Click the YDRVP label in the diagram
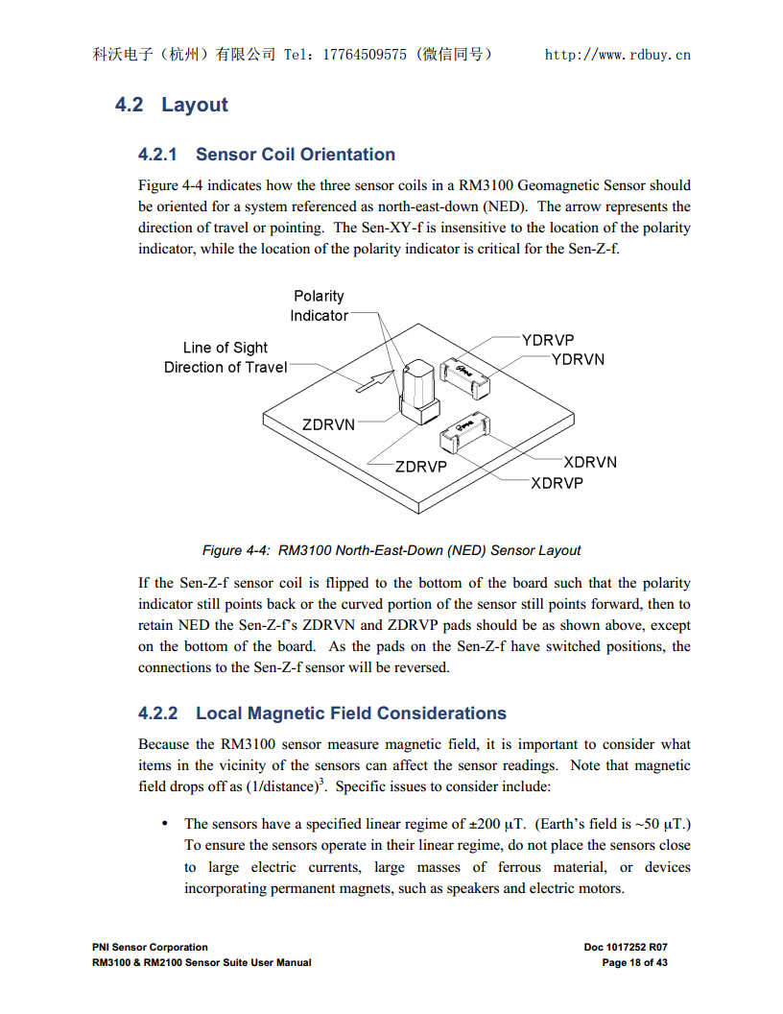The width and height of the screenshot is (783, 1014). pos(548,340)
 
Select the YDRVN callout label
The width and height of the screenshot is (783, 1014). pos(578,359)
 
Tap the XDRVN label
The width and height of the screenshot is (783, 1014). pos(590,462)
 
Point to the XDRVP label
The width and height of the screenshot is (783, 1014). pos(557,483)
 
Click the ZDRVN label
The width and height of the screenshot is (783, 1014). pos(328,424)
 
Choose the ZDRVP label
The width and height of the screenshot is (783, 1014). pos(421,467)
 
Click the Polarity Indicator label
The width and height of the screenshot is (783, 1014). pos(319,306)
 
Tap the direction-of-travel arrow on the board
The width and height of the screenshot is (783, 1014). pos(375,380)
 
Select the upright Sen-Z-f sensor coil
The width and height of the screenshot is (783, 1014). pos(419,389)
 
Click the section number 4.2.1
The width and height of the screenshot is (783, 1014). pos(158,155)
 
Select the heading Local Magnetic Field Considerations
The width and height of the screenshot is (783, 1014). pos(350,713)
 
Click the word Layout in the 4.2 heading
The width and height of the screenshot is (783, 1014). pos(195,105)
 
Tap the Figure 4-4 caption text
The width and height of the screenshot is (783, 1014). pos(391,550)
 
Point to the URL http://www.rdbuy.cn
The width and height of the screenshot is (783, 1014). pos(617,55)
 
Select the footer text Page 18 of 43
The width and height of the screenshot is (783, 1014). pos(634,962)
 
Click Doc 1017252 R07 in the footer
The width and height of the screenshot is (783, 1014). pos(626,947)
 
